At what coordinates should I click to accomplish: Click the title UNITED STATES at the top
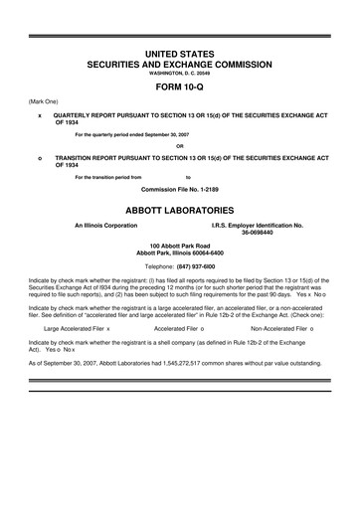[x=180, y=51]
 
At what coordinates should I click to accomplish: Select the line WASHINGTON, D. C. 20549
[x=180, y=74]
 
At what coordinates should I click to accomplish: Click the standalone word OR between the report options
[x=180, y=146]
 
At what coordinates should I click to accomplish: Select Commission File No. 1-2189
[x=180, y=189]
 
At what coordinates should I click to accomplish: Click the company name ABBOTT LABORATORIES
[x=180, y=211]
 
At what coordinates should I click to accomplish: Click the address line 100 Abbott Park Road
[x=180, y=247]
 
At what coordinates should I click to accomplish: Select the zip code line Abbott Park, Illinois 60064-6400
[x=180, y=254]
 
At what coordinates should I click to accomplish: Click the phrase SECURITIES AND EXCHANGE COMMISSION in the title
[x=180, y=63]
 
